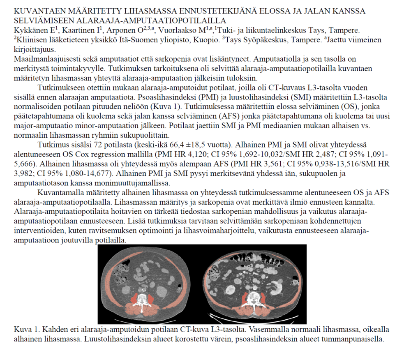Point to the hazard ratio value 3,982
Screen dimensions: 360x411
[x=23, y=173]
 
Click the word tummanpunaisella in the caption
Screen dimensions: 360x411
[x=356, y=339]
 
